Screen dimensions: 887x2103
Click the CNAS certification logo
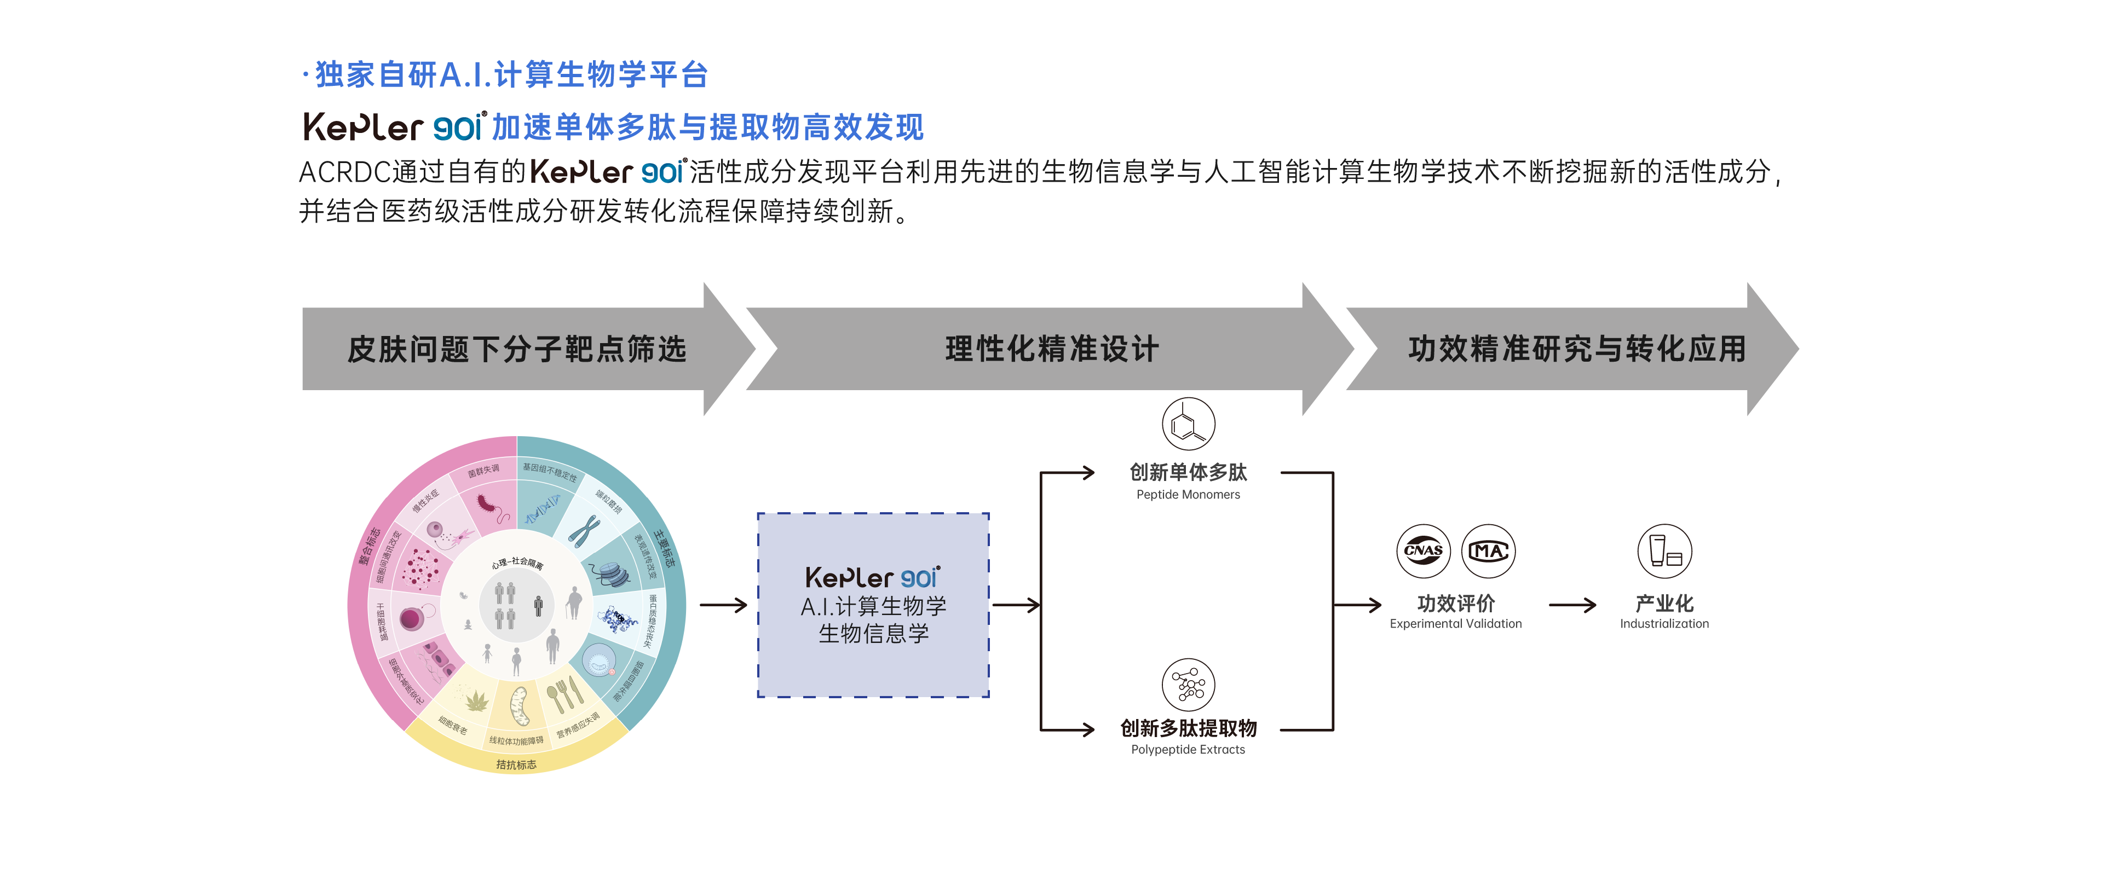coord(1423,551)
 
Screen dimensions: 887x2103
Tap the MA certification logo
coord(1488,551)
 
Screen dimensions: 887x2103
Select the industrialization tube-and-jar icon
coord(1664,551)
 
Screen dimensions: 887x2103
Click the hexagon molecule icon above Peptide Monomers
coord(1188,424)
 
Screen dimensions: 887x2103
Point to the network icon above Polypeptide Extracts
coord(1188,684)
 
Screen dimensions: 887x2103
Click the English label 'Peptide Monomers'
coord(1188,495)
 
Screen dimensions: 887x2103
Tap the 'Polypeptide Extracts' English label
coord(1188,750)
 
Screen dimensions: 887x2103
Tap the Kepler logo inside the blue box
coord(872,578)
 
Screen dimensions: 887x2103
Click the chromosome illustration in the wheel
coord(585,530)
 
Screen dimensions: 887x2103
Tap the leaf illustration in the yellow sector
coord(476,700)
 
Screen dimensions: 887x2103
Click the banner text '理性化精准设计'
coord(1051,349)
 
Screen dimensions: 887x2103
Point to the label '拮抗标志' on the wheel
coord(516,764)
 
